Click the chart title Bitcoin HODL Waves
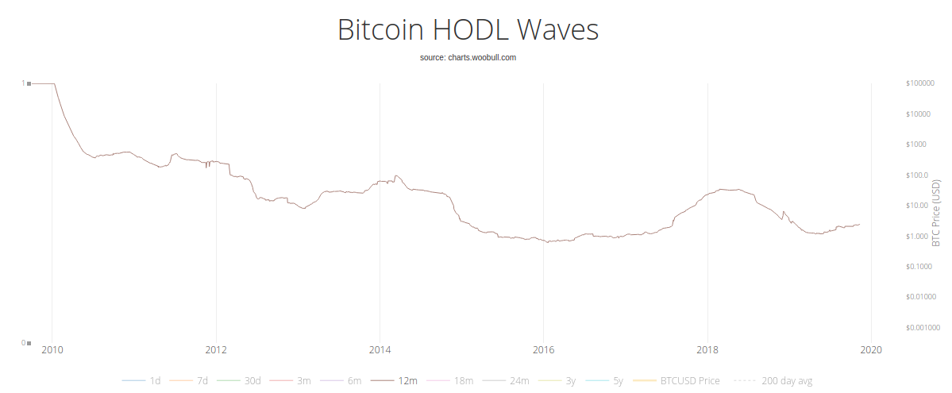(x=468, y=30)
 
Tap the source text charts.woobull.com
(x=468, y=58)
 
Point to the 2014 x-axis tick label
(x=380, y=349)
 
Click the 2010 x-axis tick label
(x=52, y=349)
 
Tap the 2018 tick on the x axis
(x=707, y=349)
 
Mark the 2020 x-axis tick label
(x=872, y=349)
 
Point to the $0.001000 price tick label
(x=922, y=327)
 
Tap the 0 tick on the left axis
(x=22, y=343)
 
